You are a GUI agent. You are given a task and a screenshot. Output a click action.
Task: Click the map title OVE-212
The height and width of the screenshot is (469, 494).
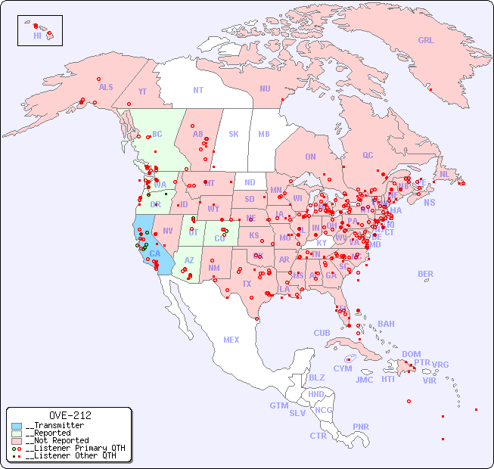tap(70, 415)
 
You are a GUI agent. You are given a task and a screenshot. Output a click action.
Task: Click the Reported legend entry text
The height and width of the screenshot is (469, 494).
tap(54, 433)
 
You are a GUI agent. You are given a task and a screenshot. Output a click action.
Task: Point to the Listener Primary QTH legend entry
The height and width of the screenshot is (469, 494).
tap(73, 448)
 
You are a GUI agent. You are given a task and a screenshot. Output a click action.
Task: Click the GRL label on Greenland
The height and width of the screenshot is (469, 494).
tap(426, 41)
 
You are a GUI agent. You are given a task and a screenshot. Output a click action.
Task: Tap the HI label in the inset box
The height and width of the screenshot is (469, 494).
tap(37, 36)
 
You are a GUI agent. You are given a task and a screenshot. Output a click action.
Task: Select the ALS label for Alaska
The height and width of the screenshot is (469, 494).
tap(106, 88)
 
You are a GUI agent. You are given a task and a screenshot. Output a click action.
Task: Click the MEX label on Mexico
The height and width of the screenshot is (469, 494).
tap(231, 340)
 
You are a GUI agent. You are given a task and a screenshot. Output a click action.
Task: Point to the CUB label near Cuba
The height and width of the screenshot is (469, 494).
tap(322, 334)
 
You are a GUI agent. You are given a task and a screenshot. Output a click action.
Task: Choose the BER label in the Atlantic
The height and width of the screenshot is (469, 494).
tap(425, 274)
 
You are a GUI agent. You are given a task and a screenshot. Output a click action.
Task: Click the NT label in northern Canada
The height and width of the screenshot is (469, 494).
tap(198, 90)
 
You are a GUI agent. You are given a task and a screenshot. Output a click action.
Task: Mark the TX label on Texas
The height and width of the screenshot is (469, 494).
tap(247, 284)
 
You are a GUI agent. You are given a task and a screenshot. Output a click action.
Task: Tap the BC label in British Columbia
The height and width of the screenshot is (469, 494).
tap(157, 135)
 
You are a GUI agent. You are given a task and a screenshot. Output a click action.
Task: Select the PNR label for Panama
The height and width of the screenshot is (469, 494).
tap(361, 427)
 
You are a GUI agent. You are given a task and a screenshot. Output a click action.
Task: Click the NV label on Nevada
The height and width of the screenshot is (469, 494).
tap(168, 231)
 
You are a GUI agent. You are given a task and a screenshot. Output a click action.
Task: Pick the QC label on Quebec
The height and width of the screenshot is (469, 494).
tap(368, 156)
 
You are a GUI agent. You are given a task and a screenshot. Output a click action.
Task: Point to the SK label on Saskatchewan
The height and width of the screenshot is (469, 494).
tap(234, 135)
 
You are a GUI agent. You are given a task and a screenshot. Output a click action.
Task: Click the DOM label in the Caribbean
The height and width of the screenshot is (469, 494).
tap(411, 355)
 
